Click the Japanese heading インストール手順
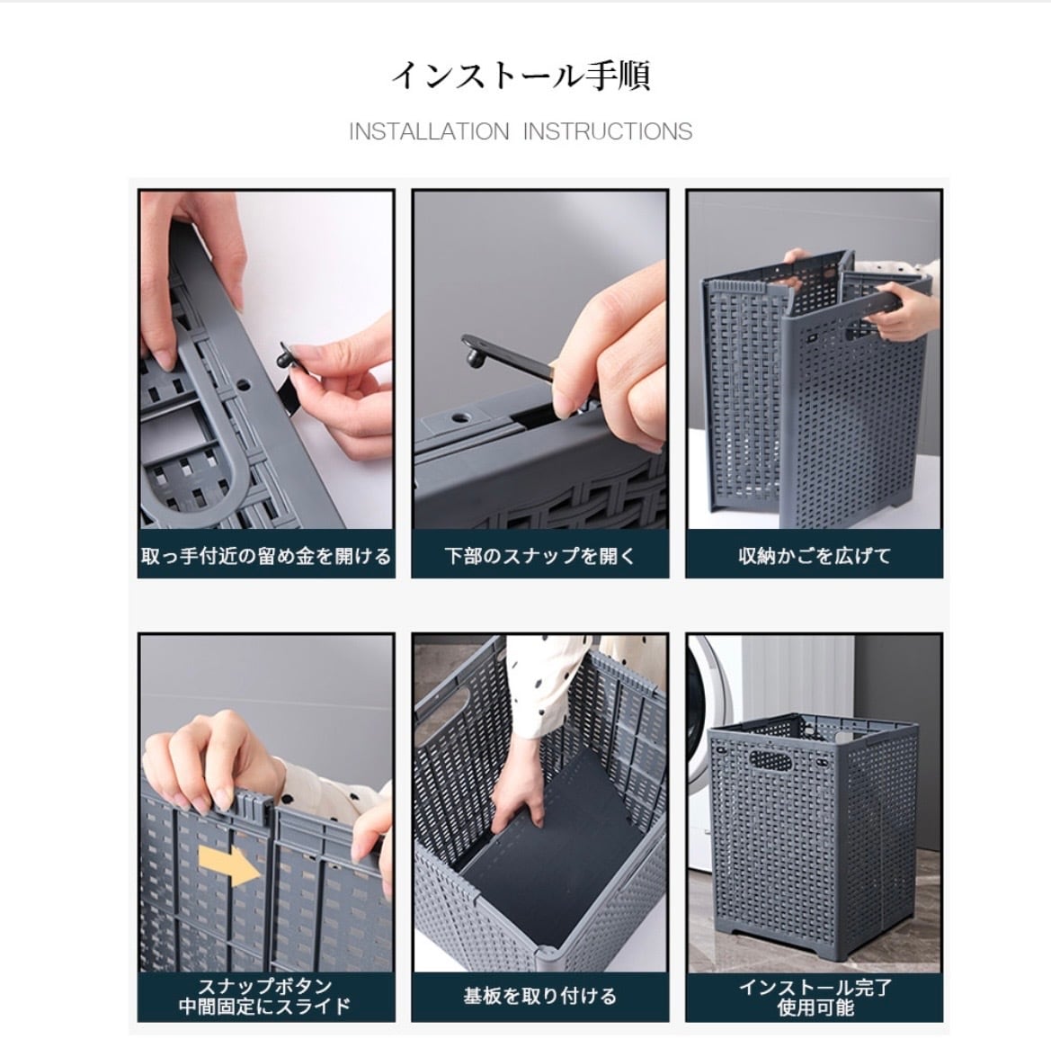coord(521,75)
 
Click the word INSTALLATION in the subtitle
coord(429,131)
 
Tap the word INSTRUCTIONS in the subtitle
coord(607,131)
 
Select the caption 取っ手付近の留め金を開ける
coord(266,556)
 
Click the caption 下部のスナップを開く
coord(539,556)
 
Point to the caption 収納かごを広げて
coord(815,556)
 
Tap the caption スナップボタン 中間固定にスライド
coord(265,997)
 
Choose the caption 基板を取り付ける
coord(539,997)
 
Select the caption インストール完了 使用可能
coord(815,997)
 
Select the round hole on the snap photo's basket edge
coord(460,418)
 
